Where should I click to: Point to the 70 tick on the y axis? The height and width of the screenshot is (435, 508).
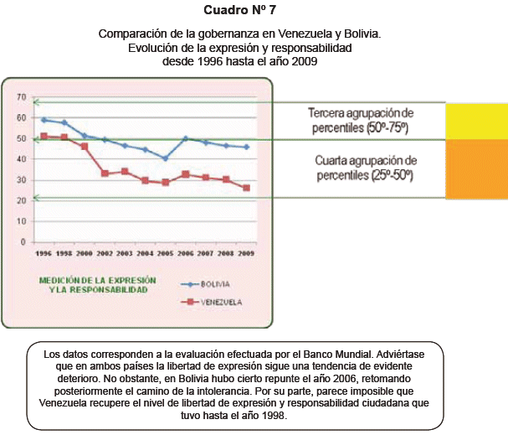pos(21,97)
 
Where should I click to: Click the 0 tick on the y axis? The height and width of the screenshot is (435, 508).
pos(23,241)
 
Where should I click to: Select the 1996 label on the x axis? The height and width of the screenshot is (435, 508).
pos(44,252)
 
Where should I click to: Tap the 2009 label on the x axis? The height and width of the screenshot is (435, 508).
pos(246,252)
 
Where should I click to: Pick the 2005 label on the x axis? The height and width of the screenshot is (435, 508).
pos(165,252)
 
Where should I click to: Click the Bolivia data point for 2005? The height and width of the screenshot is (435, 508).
pos(165,158)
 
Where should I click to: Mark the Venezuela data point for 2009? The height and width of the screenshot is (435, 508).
pos(246,188)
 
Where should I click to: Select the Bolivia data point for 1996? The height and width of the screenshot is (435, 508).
pos(44,120)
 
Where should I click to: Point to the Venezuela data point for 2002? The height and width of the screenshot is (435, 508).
pos(105,173)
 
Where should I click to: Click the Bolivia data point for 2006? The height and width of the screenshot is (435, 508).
pos(186,138)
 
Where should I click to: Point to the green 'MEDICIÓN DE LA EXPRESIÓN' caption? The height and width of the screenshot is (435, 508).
pos(92,283)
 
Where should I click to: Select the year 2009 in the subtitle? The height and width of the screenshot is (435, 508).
pos(301,60)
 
